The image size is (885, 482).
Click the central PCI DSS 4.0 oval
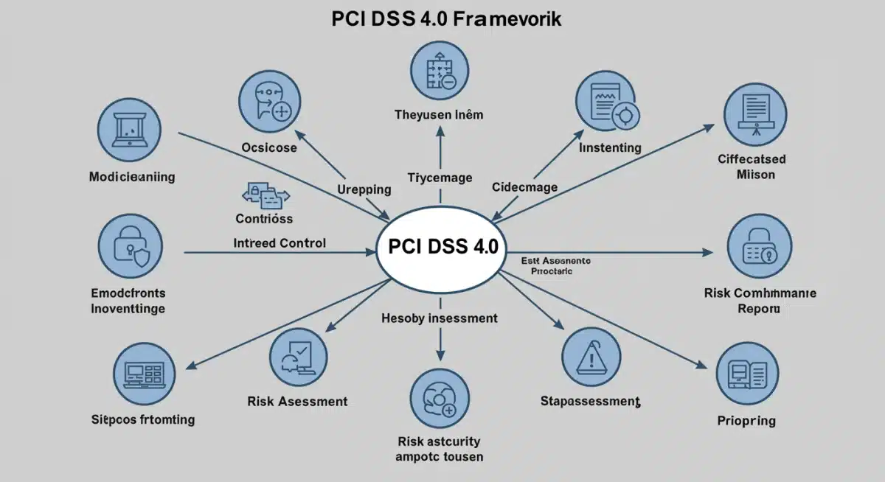coord(441,246)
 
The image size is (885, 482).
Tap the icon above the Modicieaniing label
coord(131,130)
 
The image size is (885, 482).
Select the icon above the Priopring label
coord(746,375)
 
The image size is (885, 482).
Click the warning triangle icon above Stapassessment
coord(591,357)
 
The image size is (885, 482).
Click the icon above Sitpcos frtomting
coord(144,374)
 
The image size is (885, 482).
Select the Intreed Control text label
coord(280,242)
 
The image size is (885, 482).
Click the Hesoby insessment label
coord(439,318)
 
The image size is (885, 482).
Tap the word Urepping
coord(364,189)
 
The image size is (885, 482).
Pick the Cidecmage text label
coord(524,187)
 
